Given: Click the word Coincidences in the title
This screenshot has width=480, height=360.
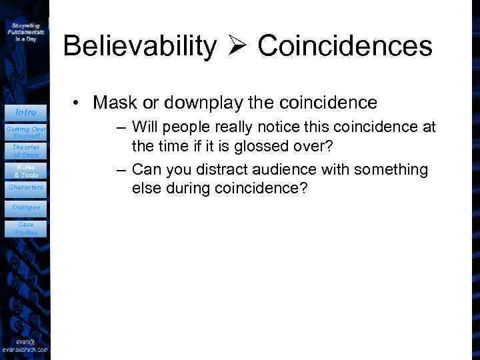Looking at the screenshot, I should point(345,47).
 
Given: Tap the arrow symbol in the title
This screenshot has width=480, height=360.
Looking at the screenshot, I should point(237,47).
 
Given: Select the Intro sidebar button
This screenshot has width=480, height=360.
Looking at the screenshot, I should point(25,112).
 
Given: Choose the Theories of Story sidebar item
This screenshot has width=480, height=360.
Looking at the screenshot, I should point(25,151).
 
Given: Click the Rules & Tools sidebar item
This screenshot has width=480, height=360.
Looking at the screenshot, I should point(25,170).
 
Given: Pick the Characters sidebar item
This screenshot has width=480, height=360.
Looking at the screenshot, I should point(25,187).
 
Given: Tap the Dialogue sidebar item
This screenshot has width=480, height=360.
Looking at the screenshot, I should point(25,207).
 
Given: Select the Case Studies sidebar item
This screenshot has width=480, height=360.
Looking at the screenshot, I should point(25,229).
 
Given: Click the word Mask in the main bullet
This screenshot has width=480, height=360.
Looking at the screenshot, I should point(115,103).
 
